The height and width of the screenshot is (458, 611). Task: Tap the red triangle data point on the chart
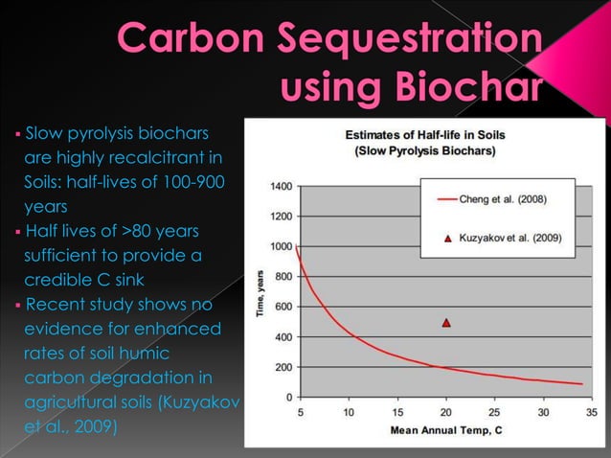pos(446,323)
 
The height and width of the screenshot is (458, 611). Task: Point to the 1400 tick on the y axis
pos(281,186)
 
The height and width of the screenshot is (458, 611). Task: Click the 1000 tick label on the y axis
pos(281,246)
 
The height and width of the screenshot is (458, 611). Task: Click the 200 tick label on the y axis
pos(283,367)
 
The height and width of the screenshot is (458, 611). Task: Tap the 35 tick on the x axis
pos(592,413)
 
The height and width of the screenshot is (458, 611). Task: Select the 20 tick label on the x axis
pos(445,413)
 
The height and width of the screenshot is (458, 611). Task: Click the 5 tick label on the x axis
pos(300,413)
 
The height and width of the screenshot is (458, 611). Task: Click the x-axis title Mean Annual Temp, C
pos(445,430)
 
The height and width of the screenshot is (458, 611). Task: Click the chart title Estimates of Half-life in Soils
pos(424,135)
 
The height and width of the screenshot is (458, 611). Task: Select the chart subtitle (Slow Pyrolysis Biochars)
pos(424,151)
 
